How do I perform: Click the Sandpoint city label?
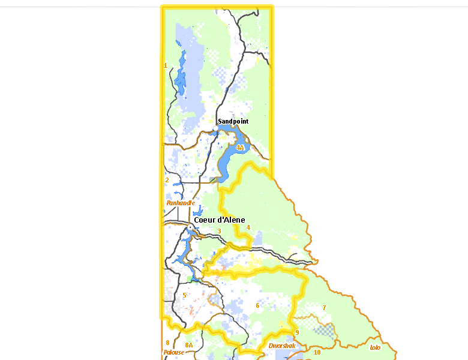pos(233,121)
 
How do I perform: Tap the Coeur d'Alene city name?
pos(219,220)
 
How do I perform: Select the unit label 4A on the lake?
pos(240,147)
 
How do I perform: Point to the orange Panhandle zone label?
pos(180,203)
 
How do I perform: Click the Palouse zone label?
pos(173,352)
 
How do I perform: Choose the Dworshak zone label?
pos(282,346)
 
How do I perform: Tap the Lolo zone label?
pos(375,347)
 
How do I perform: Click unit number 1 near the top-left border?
pos(166,65)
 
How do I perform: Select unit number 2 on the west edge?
pos(167,179)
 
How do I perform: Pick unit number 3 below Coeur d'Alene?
pos(220,231)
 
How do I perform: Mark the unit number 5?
pos(184,295)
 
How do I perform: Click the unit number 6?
pos(257,305)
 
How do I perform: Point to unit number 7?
pos(324,308)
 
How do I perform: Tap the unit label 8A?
pos(189,345)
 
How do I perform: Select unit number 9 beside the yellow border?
pos(296,332)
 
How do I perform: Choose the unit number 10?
pos(317,352)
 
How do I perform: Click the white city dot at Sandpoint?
pos(217,128)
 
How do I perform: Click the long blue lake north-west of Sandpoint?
pos(179,78)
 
